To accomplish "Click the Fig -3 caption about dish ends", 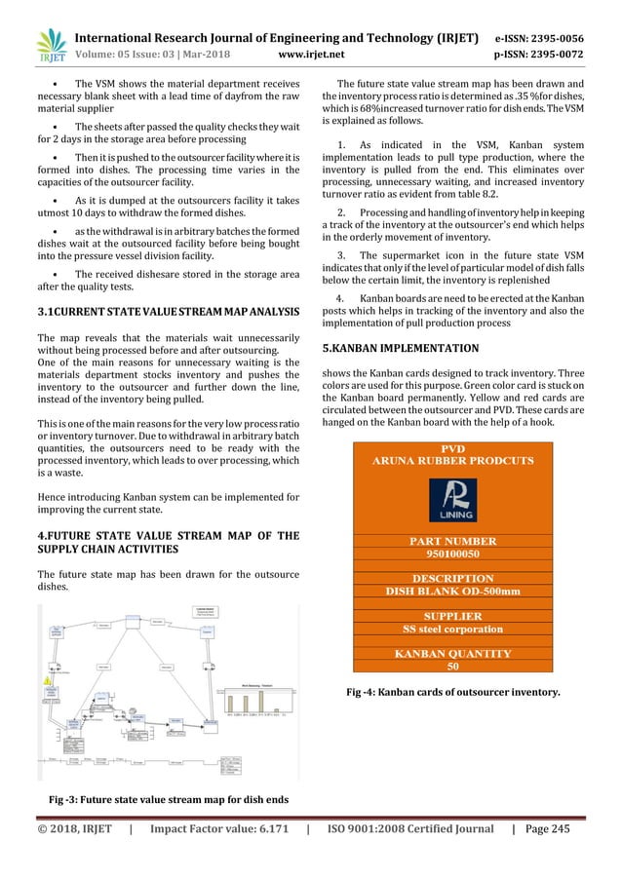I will pyautogui.click(x=169, y=800).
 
